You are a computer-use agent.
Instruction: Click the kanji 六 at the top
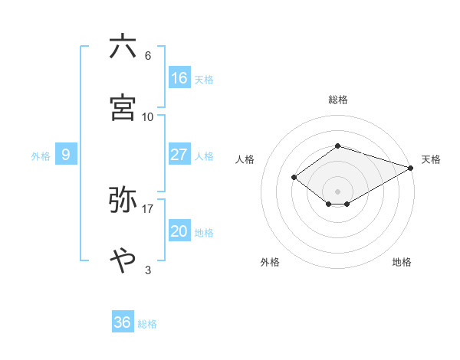tap(123, 47)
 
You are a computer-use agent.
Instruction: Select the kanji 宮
tap(123, 107)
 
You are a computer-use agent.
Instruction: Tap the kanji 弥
tap(123, 199)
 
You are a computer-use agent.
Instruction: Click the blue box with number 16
tap(179, 77)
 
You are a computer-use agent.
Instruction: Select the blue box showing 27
tap(179, 155)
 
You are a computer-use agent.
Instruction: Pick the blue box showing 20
tap(179, 231)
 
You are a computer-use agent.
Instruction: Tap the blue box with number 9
tap(66, 155)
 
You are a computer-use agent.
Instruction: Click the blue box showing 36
tap(123, 322)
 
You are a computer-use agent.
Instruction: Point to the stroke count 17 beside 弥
tap(148, 208)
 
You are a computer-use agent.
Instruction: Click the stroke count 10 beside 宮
tap(148, 116)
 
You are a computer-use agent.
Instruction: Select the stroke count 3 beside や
tap(148, 270)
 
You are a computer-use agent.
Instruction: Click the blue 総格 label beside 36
tap(147, 324)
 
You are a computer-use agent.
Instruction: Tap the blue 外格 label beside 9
tap(41, 156)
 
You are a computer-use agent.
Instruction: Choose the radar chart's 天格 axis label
tap(431, 159)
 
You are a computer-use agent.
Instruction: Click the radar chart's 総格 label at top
tap(338, 100)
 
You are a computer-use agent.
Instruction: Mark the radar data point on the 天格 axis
tap(411, 168)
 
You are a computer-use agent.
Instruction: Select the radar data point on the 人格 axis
tap(294, 177)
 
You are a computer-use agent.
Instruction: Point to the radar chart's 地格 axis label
tap(402, 262)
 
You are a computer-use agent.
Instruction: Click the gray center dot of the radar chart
tap(338, 191)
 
